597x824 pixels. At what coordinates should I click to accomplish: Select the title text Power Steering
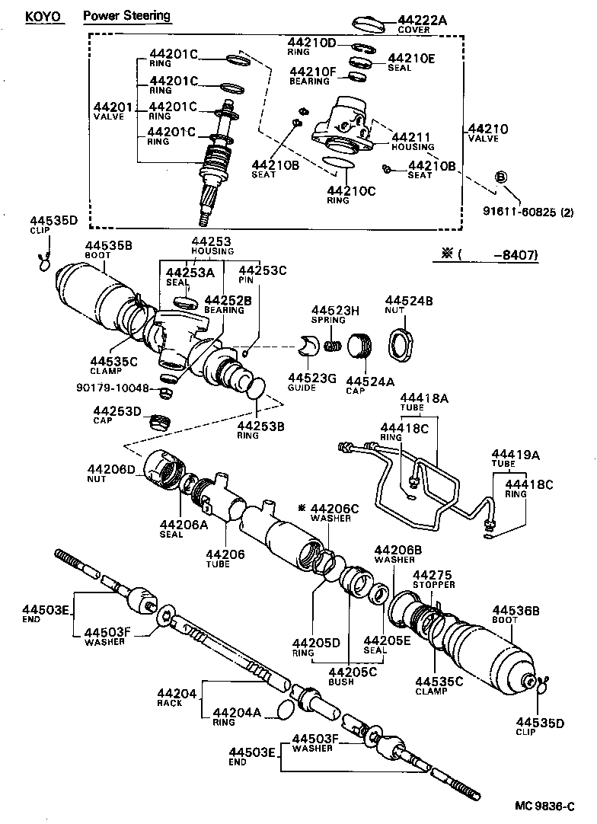coord(126,15)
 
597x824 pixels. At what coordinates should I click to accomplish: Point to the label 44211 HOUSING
coord(412,140)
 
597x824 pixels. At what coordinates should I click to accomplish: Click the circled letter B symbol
coord(501,177)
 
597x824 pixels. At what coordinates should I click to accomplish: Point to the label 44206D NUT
coord(111,474)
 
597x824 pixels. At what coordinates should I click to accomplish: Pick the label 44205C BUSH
coord(353,676)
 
